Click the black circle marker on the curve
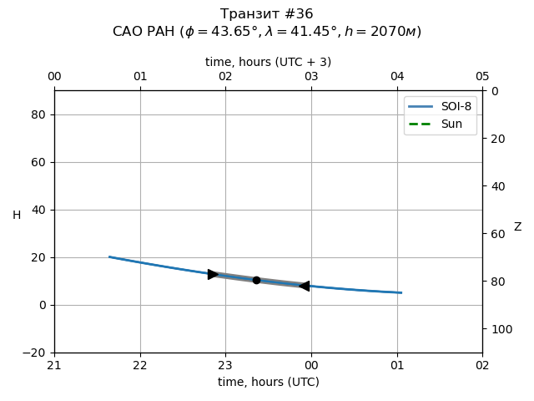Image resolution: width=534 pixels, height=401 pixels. click(x=256, y=280)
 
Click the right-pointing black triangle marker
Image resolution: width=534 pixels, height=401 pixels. click(x=214, y=274)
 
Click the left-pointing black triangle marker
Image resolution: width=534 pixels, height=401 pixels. click(x=304, y=286)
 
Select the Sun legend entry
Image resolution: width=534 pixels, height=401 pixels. click(x=440, y=124)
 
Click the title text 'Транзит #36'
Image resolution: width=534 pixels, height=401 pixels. click(x=267, y=14)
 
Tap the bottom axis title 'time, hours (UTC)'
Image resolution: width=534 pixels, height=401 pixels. click(x=268, y=382)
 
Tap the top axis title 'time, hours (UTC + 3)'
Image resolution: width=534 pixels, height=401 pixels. click(x=268, y=62)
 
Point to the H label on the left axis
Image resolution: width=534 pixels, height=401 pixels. click(x=17, y=216)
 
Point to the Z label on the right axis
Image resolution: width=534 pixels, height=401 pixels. click(x=517, y=227)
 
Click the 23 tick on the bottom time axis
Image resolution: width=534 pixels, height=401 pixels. click(x=225, y=365)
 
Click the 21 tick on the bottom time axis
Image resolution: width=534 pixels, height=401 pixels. click(x=54, y=365)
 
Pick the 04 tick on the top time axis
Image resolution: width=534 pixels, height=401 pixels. click(x=396, y=77)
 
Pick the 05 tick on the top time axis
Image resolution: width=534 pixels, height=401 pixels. click(x=482, y=77)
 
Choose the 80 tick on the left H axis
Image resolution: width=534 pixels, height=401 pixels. click(x=38, y=114)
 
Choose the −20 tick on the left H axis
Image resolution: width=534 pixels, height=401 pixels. click(x=35, y=353)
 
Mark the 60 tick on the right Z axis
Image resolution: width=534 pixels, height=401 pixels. click(x=496, y=234)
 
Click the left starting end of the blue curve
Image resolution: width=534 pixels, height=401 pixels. click(x=109, y=256)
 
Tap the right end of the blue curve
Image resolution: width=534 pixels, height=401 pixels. click(x=401, y=292)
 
